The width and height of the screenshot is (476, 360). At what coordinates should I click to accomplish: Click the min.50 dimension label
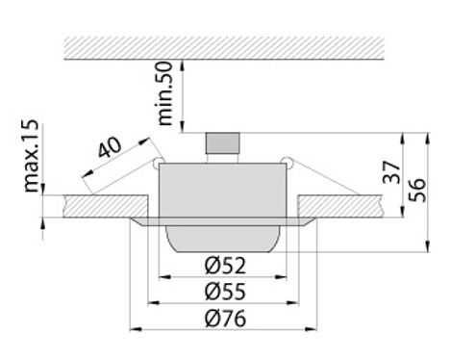165,93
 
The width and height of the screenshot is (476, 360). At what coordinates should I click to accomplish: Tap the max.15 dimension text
32,156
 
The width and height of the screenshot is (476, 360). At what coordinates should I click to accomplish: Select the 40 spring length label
110,147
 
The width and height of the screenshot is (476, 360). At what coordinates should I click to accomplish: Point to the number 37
391,172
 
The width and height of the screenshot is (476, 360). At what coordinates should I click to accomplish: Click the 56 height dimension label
417,190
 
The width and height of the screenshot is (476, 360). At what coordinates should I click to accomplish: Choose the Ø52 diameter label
225,265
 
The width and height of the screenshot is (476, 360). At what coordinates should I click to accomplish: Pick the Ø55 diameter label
225,291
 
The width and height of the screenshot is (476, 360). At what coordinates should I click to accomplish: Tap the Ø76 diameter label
225,318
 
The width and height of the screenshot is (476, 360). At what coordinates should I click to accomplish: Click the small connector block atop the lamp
223,143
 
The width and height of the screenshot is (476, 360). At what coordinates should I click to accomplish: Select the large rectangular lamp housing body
222,190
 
